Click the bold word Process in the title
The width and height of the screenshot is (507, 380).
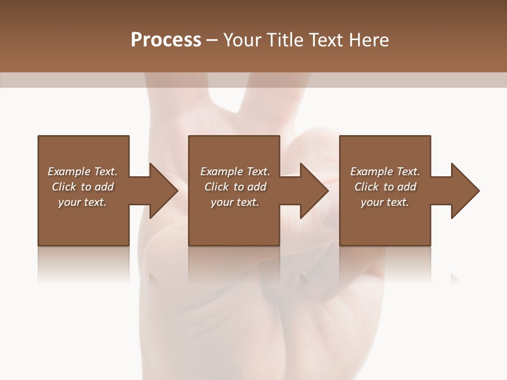(x=166, y=40)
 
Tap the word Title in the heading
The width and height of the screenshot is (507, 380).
(x=285, y=40)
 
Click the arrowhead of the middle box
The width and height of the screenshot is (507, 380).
(x=314, y=191)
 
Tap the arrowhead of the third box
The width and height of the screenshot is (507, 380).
(x=465, y=191)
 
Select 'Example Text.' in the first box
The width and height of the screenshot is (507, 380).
(x=82, y=172)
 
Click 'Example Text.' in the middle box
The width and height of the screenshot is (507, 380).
(x=235, y=172)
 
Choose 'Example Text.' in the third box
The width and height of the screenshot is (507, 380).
(x=385, y=172)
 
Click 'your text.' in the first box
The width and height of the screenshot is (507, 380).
(x=82, y=202)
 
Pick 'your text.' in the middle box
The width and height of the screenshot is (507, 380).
(x=235, y=202)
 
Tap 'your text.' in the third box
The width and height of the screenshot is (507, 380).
(x=385, y=202)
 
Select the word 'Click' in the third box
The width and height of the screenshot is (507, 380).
(x=367, y=187)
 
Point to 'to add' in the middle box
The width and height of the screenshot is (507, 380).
(x=249, y=187)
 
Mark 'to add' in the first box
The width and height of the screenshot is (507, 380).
(x=97, y=187)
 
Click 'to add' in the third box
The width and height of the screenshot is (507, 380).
(x=400, y=187)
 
